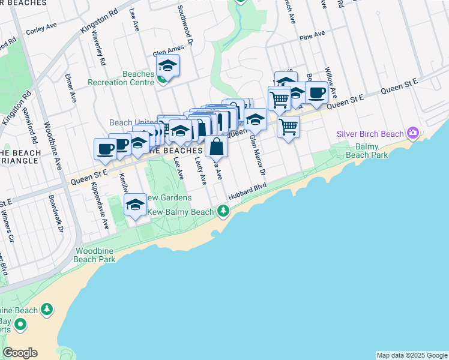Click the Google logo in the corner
tap(20, 353)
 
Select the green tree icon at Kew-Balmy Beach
tap(223, 211)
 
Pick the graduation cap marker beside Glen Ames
tap(168, 65)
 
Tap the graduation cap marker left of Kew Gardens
tap(136, 205)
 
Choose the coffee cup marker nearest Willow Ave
tap(316, 92)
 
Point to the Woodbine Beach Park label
tap(95, 256)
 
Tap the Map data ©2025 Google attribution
tap(411, 355)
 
